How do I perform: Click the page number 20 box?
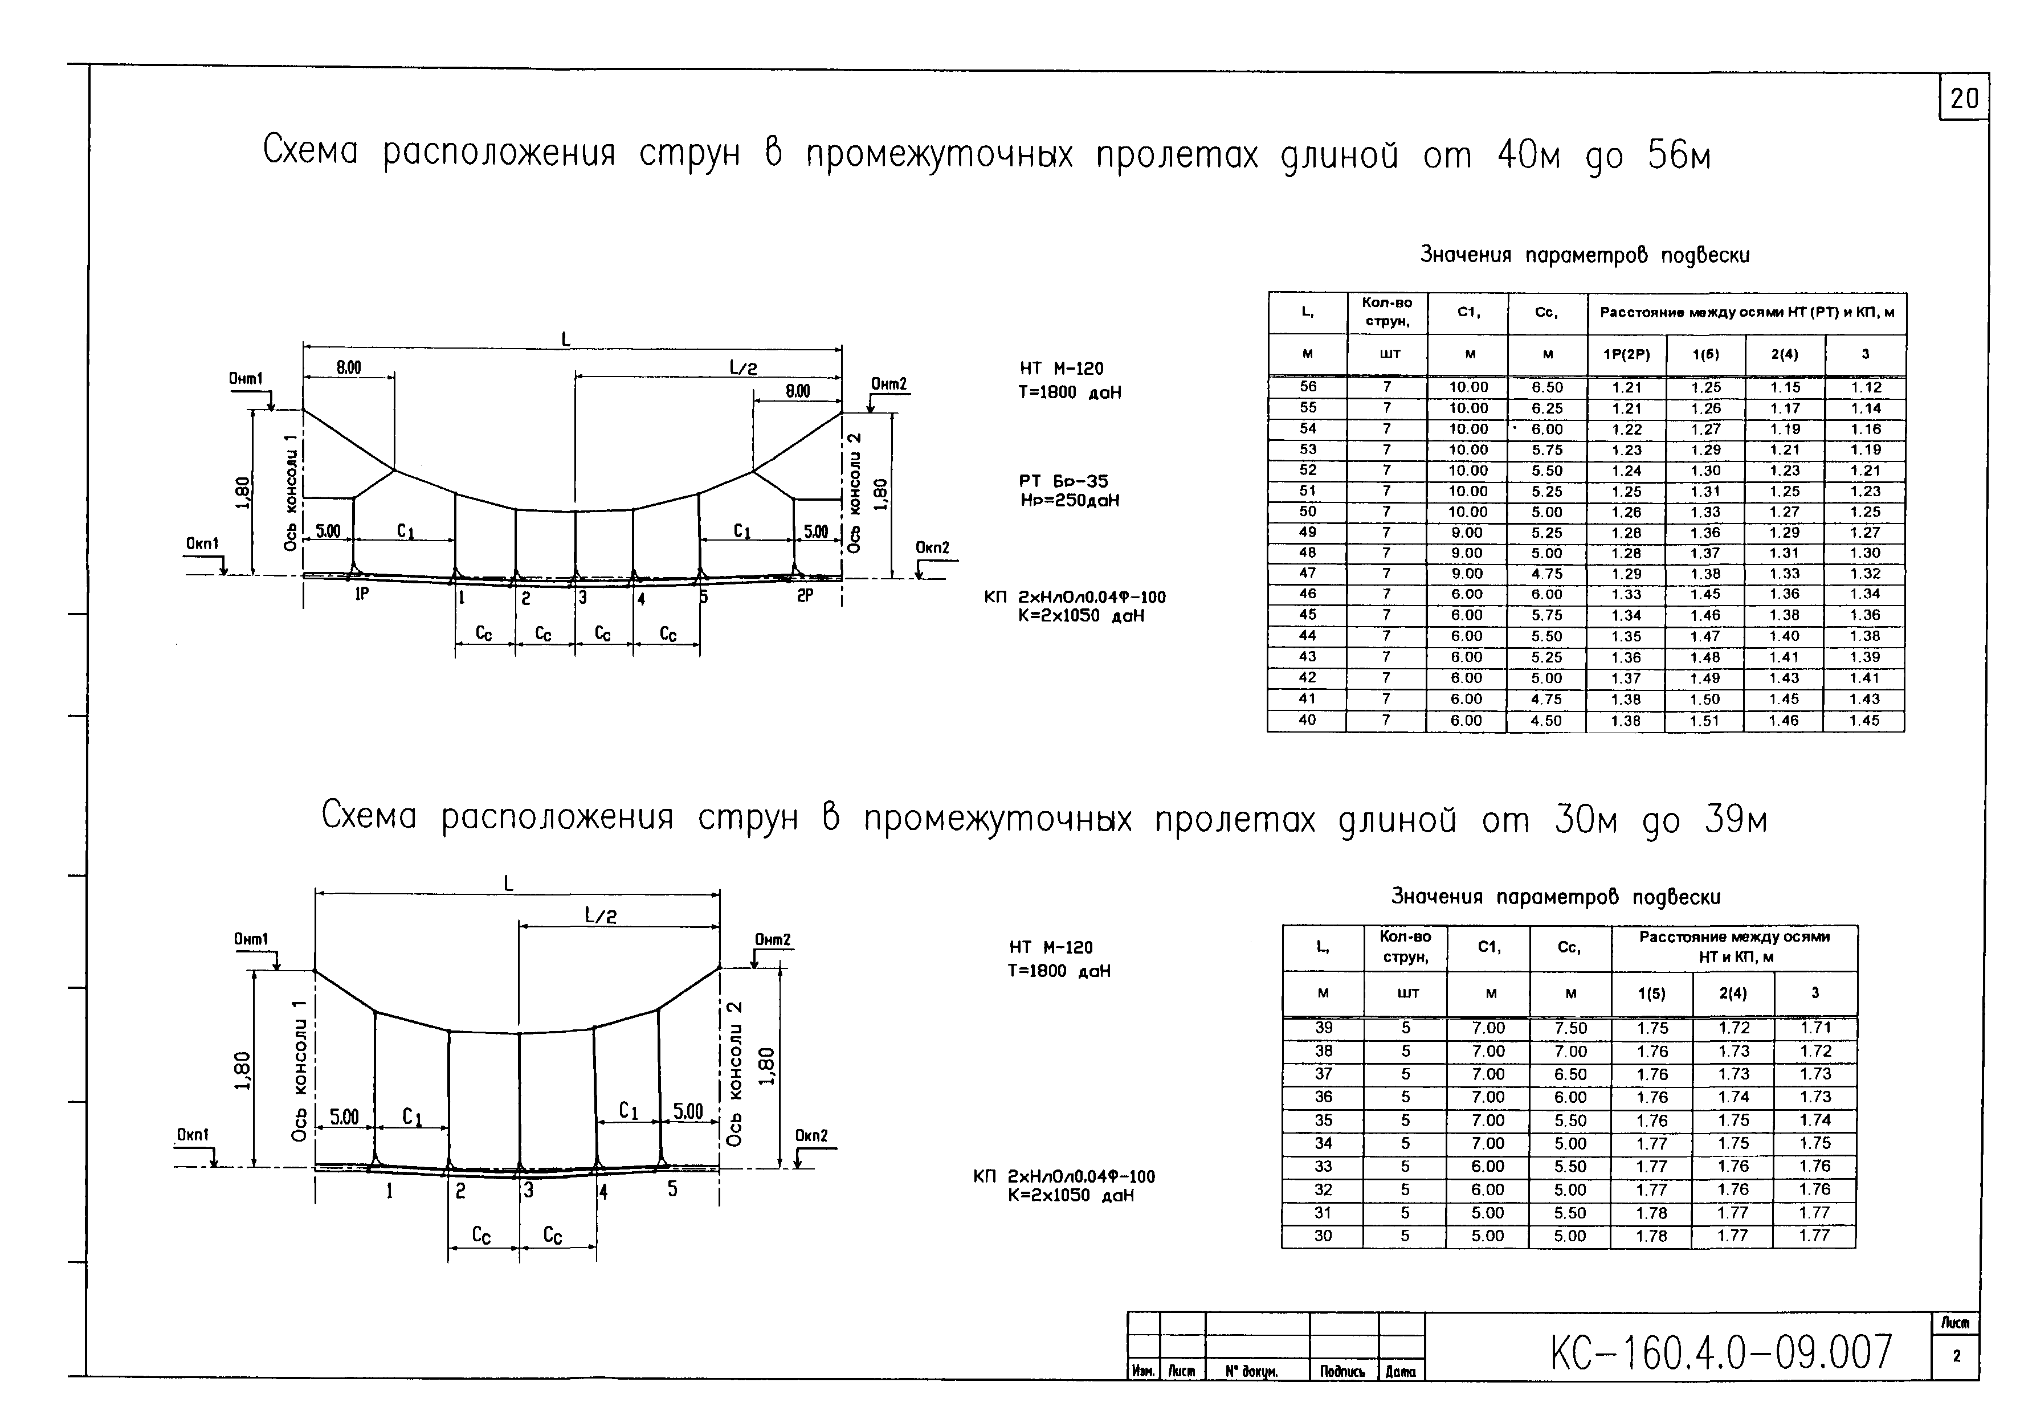pos(1964,99)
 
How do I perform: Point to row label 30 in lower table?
pos(1323,1236)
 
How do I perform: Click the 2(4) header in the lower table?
pos(1733,993)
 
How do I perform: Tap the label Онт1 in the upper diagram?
pos(246,379)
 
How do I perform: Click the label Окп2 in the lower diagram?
pos(811,1135)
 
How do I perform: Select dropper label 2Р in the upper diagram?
pos(806,595)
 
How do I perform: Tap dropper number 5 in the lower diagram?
pos(672,1189)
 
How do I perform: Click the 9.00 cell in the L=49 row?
pos(1467,532)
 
